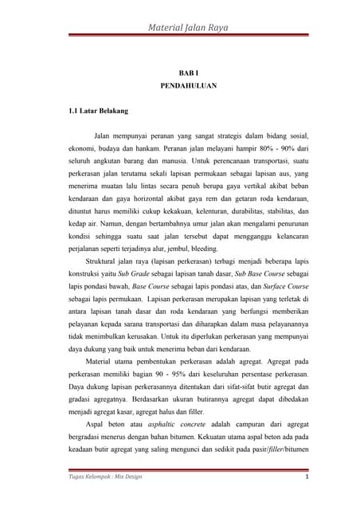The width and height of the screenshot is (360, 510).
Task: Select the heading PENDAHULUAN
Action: pyautogui.click(x=179, y=86)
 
